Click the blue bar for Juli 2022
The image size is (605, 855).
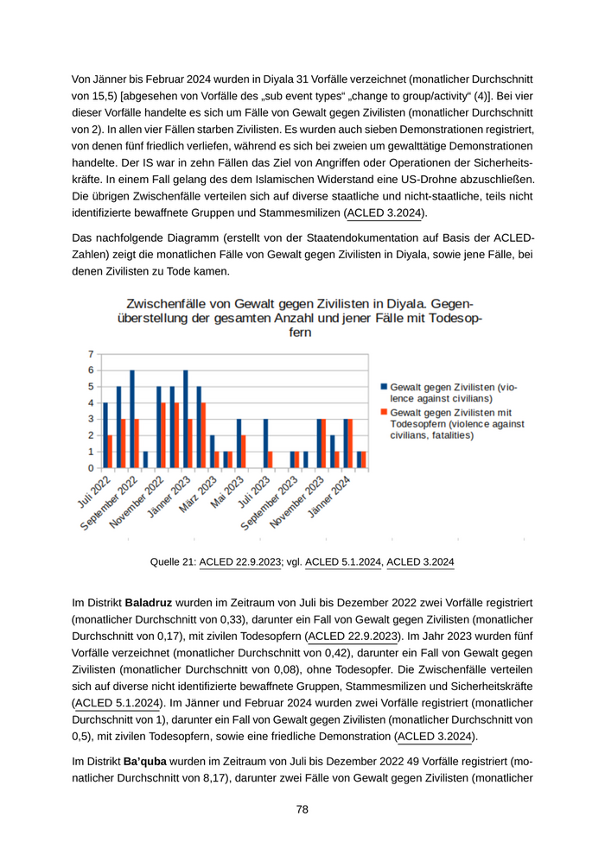(x=105, y=435)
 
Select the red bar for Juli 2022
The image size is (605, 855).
(x=110, y=452)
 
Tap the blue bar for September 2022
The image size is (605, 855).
(x=132, y=419)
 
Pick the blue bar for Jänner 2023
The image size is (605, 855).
(x=185, y=419)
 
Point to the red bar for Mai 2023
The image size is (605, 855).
(x=243, y=452)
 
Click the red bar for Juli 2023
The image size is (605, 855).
(x=270, y=460)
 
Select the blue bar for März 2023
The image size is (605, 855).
(x=212, y=452)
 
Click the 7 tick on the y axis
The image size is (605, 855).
(x=91, y=354)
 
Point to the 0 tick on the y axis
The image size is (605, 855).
(x=91, y=468)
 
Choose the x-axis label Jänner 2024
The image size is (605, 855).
(x=331, y=497)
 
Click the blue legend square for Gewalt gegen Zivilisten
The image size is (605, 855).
(x=385, y=388)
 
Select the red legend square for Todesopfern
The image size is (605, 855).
(x=385, y=413)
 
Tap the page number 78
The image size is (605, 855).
(x=302, y=809)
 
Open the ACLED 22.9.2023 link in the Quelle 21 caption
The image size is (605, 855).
(x=240, y=562)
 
